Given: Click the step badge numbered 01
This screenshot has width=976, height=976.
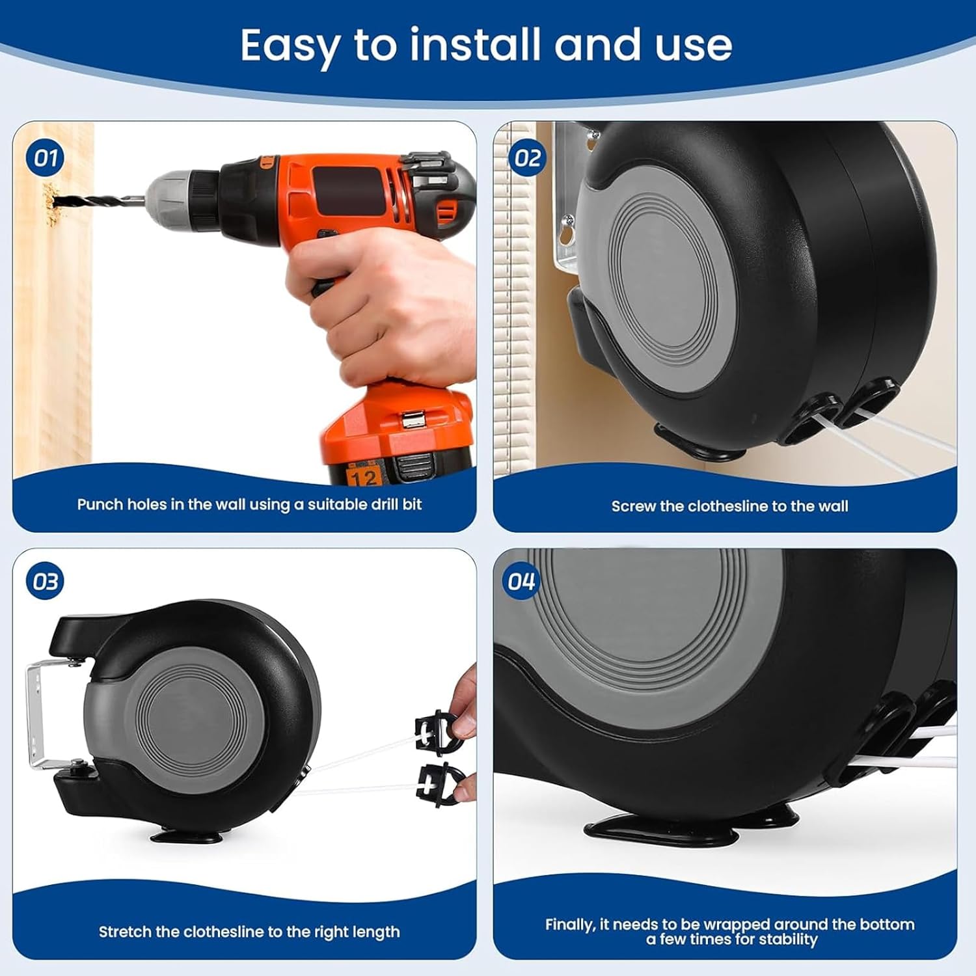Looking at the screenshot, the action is pyautogui.click(x=46, y=157).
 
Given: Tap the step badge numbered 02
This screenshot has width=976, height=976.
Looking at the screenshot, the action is pyautogui.click(x=527, y=157).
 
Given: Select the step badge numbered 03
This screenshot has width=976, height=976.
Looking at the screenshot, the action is pyautogui.click(x=46, y=582).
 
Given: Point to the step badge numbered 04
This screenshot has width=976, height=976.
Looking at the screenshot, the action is pyautogui.click(x=521, y=581).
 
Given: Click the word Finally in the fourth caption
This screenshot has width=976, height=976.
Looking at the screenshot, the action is pyautogui.click(x=570, y=924).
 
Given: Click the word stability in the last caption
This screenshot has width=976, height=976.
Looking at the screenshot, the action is pyautogui.click(x=789, y=939).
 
